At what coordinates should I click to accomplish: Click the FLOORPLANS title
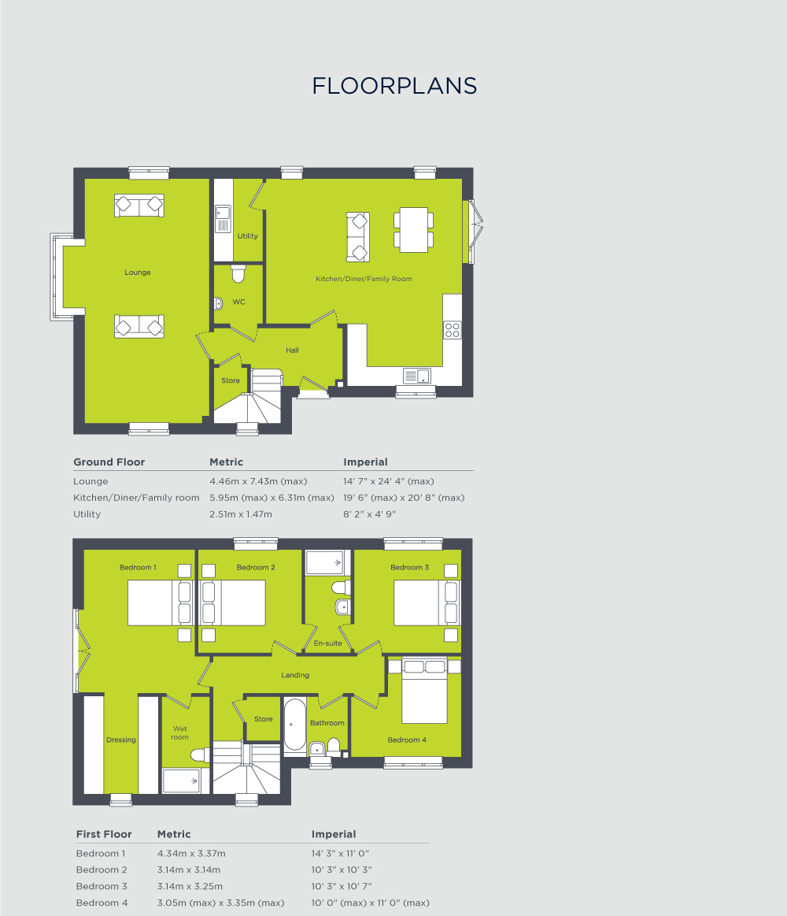pyautogui.click(x=394, y=86)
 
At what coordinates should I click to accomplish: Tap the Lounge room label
pyautogui.click(x=138, y=273)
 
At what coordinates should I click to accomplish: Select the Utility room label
pyautogui.click(x=247, y=236)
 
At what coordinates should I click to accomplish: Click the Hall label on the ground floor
pyautogui.click(x=292, y=350)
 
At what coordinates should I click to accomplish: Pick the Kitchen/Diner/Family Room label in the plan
pyautogui.click(x=364, y=279)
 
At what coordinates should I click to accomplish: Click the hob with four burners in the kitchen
pyautogui.click(x=453, y=330)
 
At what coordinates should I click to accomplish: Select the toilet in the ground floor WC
pyautogui.click(x=238, y=274)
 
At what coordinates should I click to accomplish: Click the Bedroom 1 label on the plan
pyautogui.click(x=138, y=567)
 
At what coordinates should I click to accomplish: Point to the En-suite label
pyautogui.click(x=327, y=643)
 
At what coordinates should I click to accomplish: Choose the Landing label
pyautogui.click(x=295, y=675)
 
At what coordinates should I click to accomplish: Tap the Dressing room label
pyautogui.click(x=121, y=740)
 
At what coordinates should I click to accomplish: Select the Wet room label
pyautogui.click(x=180, y=732)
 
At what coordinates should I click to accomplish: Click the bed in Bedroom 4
pyautogui.click(x=424, y=691)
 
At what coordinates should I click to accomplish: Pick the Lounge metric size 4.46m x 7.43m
pyautogui.click(x=257, y=481)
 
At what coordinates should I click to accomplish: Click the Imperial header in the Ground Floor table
pyautogui.click(x=365, y=462)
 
